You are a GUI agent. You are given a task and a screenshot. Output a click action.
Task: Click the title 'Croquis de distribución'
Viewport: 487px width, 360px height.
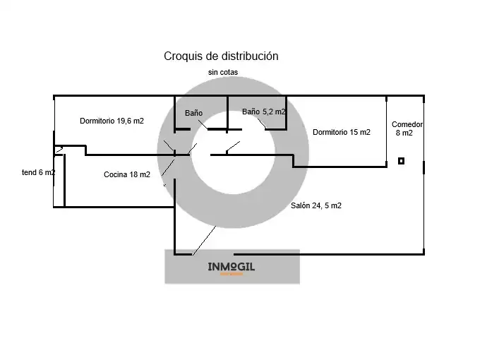[221, 56]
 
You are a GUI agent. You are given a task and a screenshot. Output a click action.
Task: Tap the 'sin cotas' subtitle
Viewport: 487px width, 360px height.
[223, 73]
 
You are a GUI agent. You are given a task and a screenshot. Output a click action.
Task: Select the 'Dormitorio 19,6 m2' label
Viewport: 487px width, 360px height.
[112, 121]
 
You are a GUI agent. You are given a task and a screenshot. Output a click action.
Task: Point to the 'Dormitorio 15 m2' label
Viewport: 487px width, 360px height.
[342, 132]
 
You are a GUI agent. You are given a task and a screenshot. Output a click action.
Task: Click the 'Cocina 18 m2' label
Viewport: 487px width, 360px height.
[127, 174]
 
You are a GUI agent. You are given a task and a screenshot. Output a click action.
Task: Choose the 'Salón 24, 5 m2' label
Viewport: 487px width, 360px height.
[316, 205]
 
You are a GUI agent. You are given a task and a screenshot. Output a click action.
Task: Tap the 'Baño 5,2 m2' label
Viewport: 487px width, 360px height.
[264, 112]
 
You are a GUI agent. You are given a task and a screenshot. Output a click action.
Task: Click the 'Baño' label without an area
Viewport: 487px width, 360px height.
[194, 113]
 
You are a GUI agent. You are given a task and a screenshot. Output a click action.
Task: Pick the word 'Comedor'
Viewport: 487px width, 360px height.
[407, 124]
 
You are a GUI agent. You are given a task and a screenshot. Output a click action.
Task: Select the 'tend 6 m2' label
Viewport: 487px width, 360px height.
[39, 172]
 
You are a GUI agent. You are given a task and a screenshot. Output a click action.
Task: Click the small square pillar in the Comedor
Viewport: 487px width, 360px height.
[402, 161]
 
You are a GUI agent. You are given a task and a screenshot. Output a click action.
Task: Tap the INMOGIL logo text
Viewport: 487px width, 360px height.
[231, 267]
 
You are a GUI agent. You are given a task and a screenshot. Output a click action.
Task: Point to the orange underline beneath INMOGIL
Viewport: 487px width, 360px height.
[232, 274]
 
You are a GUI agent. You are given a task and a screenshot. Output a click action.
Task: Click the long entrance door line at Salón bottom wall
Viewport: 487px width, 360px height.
[204, 241]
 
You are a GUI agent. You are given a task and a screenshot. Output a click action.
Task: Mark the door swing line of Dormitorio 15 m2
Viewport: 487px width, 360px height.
[233, 147]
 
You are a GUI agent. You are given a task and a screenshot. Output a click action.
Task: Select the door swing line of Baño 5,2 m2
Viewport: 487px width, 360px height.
[262, 124]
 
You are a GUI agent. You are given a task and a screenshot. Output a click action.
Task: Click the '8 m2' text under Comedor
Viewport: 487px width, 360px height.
[404, 133]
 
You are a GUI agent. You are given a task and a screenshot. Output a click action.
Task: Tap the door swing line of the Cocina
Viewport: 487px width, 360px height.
[168, 168]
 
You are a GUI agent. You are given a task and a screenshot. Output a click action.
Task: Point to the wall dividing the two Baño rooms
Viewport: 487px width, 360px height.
[227, 114]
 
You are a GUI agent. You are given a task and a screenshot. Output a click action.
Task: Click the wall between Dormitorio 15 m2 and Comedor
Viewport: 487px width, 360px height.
[387, 131]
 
